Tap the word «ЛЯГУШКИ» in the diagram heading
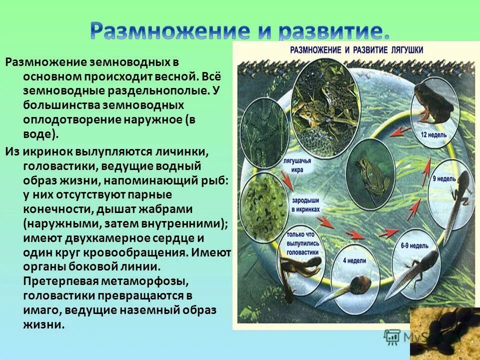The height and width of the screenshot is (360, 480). (403, 50)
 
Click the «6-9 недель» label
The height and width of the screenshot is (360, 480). (414, 232)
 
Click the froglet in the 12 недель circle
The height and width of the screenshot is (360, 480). (432, 101)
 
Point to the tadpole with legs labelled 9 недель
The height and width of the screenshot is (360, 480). (457, 200)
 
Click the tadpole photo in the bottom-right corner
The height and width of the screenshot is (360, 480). (445, 332)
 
